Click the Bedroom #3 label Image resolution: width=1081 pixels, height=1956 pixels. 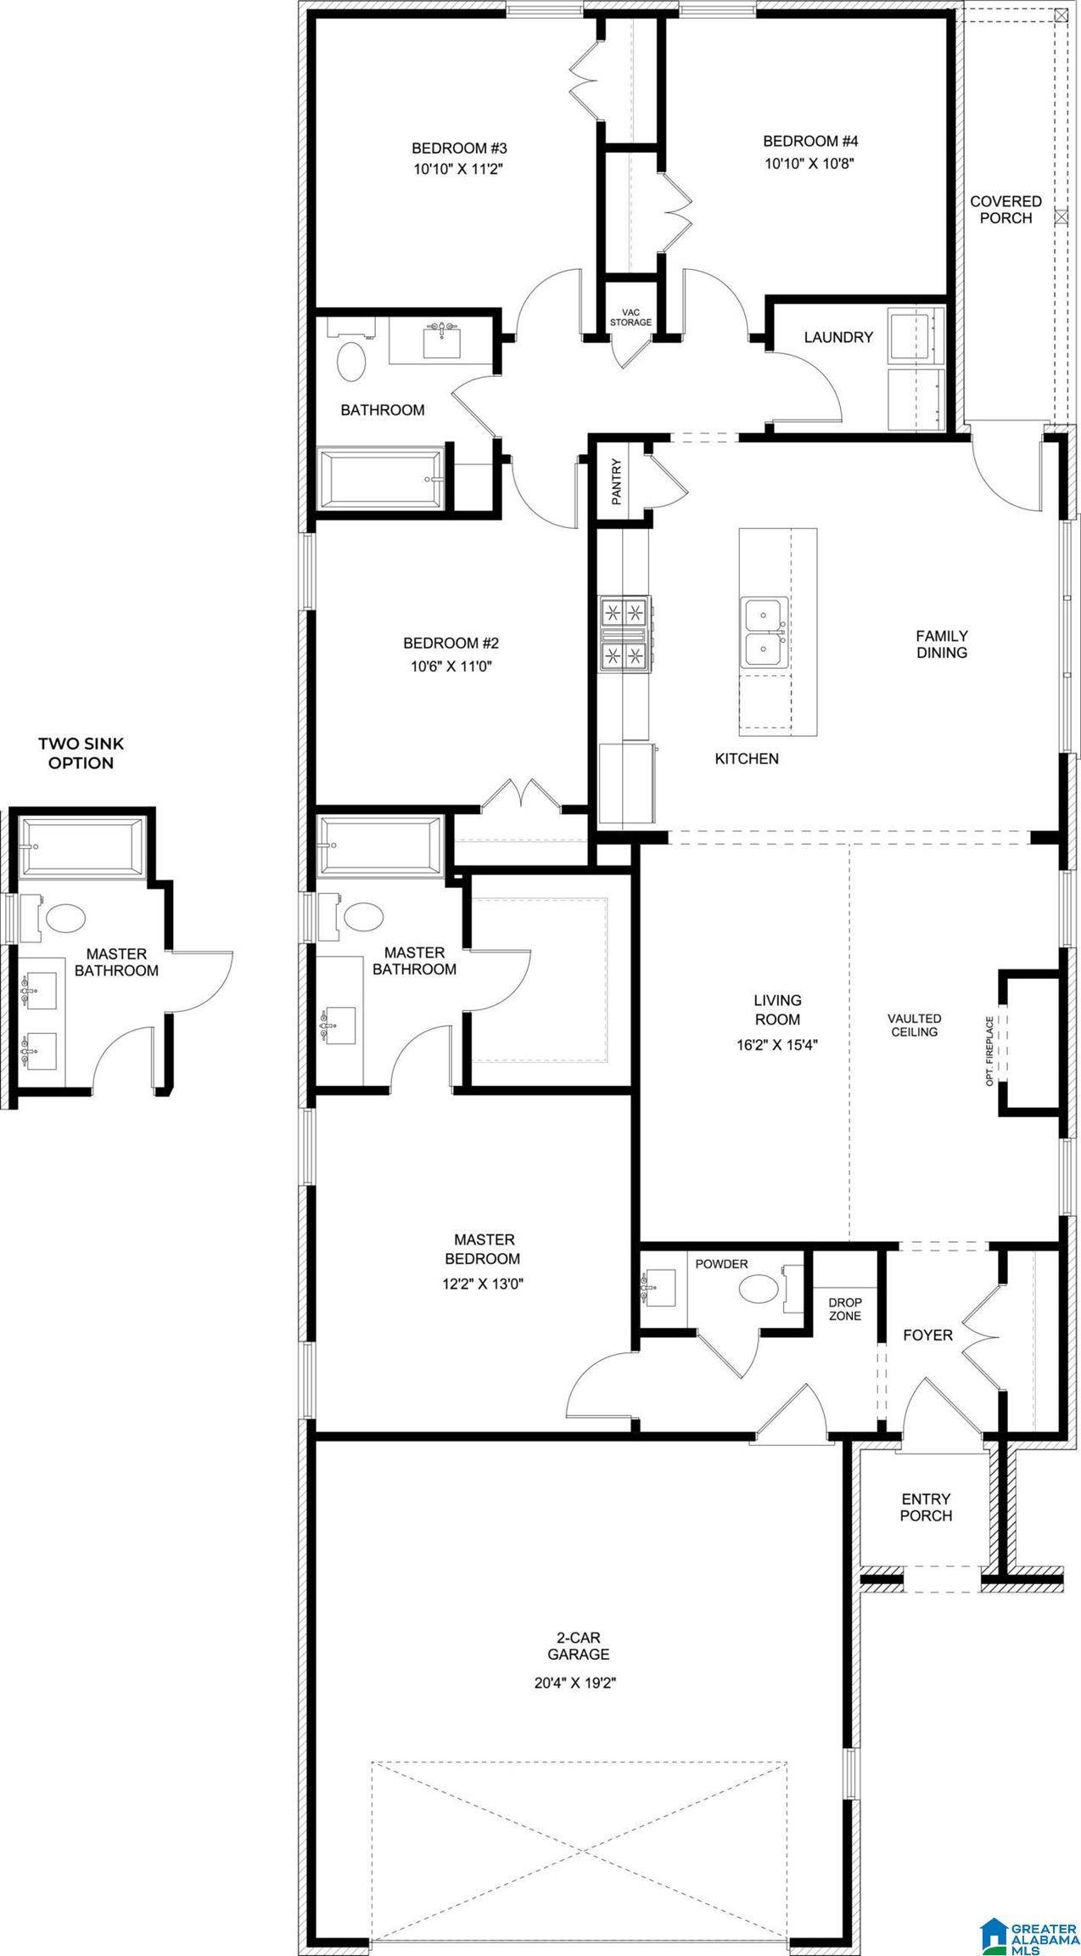point(459,148)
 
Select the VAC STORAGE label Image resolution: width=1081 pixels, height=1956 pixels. point(630,318)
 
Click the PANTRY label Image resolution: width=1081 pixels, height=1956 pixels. point(617,481)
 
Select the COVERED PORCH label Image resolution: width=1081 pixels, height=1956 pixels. point(1005,210)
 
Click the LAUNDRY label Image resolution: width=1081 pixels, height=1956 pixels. point(838,337)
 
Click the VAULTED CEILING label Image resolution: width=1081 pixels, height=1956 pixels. point(914,1025)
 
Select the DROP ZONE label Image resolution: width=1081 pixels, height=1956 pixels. point(845,1309)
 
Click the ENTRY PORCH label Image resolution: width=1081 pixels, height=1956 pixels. point(926,1507)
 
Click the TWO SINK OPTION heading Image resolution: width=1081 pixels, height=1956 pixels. point(81,753)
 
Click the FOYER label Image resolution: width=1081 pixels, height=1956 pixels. point(927,1335)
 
